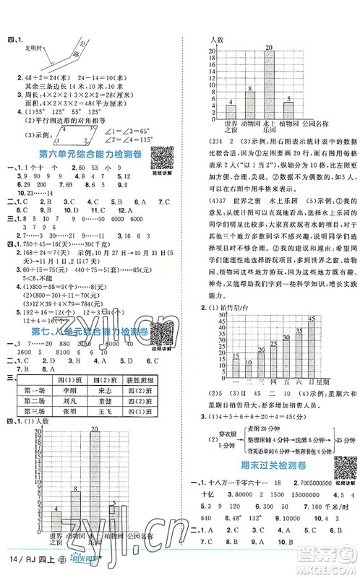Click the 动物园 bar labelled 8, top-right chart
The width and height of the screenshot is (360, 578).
[249, 101]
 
